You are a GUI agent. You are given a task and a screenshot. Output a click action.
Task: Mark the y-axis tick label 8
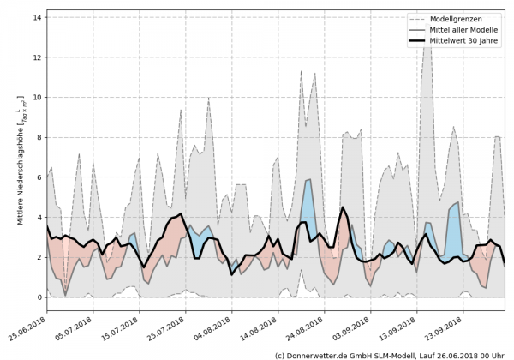38,137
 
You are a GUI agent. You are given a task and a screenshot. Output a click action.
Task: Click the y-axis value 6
38,177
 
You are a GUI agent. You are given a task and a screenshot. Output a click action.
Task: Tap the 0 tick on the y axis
38,297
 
